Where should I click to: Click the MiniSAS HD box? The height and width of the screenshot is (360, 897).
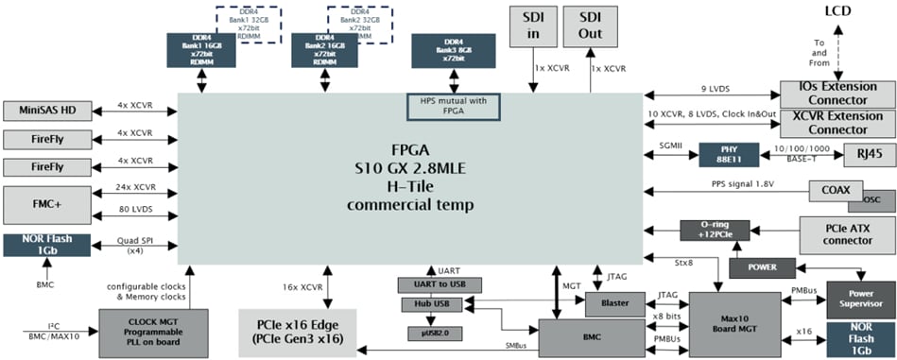[46, 111]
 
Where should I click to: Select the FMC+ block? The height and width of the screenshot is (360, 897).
[46, 204]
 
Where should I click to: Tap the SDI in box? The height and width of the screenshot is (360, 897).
[531, 25]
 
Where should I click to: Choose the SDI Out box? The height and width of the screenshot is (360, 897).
[592, 25]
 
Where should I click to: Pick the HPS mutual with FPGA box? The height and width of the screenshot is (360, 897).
[455, 107]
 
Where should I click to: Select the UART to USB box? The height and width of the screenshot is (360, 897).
[440, 284]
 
